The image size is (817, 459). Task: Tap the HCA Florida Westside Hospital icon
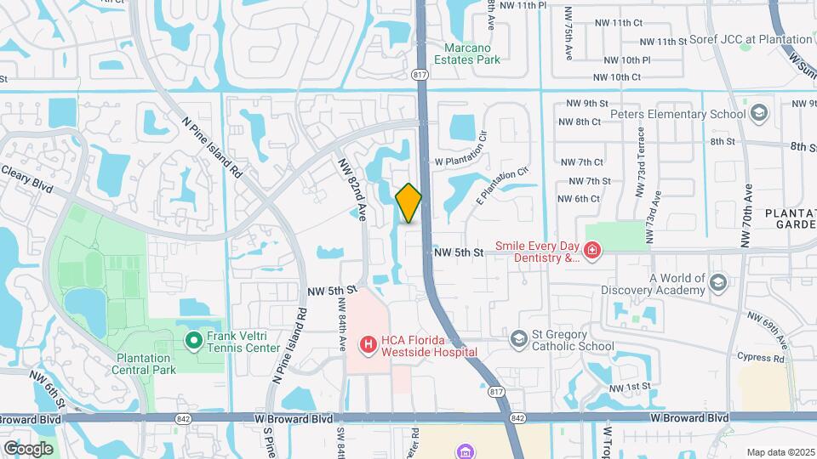(x=369, y=344)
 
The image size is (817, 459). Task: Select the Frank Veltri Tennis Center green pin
(x=193, y=341)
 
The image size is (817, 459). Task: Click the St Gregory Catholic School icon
(x=518, y=340)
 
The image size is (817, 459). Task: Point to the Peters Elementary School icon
(x=758, y=114)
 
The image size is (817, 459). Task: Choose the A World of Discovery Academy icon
(x=717, y=283)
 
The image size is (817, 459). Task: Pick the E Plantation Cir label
(x=503, y=186)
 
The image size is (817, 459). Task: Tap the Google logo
(x=28, y=448)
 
